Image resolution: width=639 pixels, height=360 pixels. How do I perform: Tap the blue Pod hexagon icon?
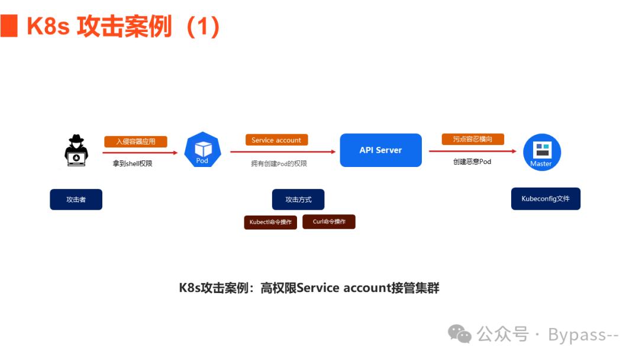(202, 150)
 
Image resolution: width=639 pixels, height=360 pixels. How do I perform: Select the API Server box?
(380, 150)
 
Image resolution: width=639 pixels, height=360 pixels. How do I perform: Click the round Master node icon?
(541, 152)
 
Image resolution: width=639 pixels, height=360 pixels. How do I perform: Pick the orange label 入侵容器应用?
(135, 142)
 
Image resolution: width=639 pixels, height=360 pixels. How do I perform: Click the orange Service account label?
(276, 140)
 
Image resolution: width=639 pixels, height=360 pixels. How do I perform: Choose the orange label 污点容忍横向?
(473, 139)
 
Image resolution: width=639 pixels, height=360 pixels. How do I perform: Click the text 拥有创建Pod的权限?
(279, 163)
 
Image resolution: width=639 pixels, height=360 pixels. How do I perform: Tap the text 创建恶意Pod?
(472, 162)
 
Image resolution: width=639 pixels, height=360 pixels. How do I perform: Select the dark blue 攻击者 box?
(76, 200)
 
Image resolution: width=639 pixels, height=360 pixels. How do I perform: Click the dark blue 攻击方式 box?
(298, 200)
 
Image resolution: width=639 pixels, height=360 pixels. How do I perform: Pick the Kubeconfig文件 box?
(546, 199)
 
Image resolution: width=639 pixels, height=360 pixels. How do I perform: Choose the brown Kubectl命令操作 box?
(270, 222)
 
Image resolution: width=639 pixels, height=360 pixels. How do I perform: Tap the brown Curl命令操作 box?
(329, 221)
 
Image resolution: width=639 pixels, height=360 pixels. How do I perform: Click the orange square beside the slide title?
(9, 27)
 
